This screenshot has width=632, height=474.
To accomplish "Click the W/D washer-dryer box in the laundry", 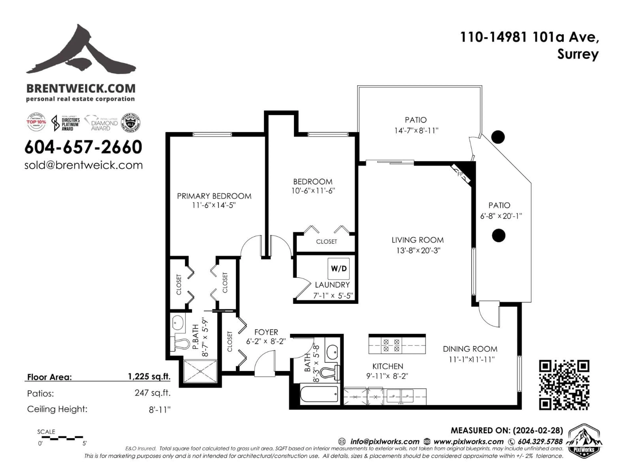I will click(x=339, y=269).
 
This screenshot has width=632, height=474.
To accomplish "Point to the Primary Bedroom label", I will click(x=214, y=196).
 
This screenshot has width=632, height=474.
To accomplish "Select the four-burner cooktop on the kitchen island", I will click(x=391, y=345).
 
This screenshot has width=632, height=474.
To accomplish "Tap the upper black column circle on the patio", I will click(x=498, y=137).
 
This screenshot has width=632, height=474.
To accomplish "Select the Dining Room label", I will click(x=470, y=349).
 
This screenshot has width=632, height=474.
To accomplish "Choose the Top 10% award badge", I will click(x=36, y=122).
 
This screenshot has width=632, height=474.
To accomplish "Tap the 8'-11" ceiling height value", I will click(x=159, y=410).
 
